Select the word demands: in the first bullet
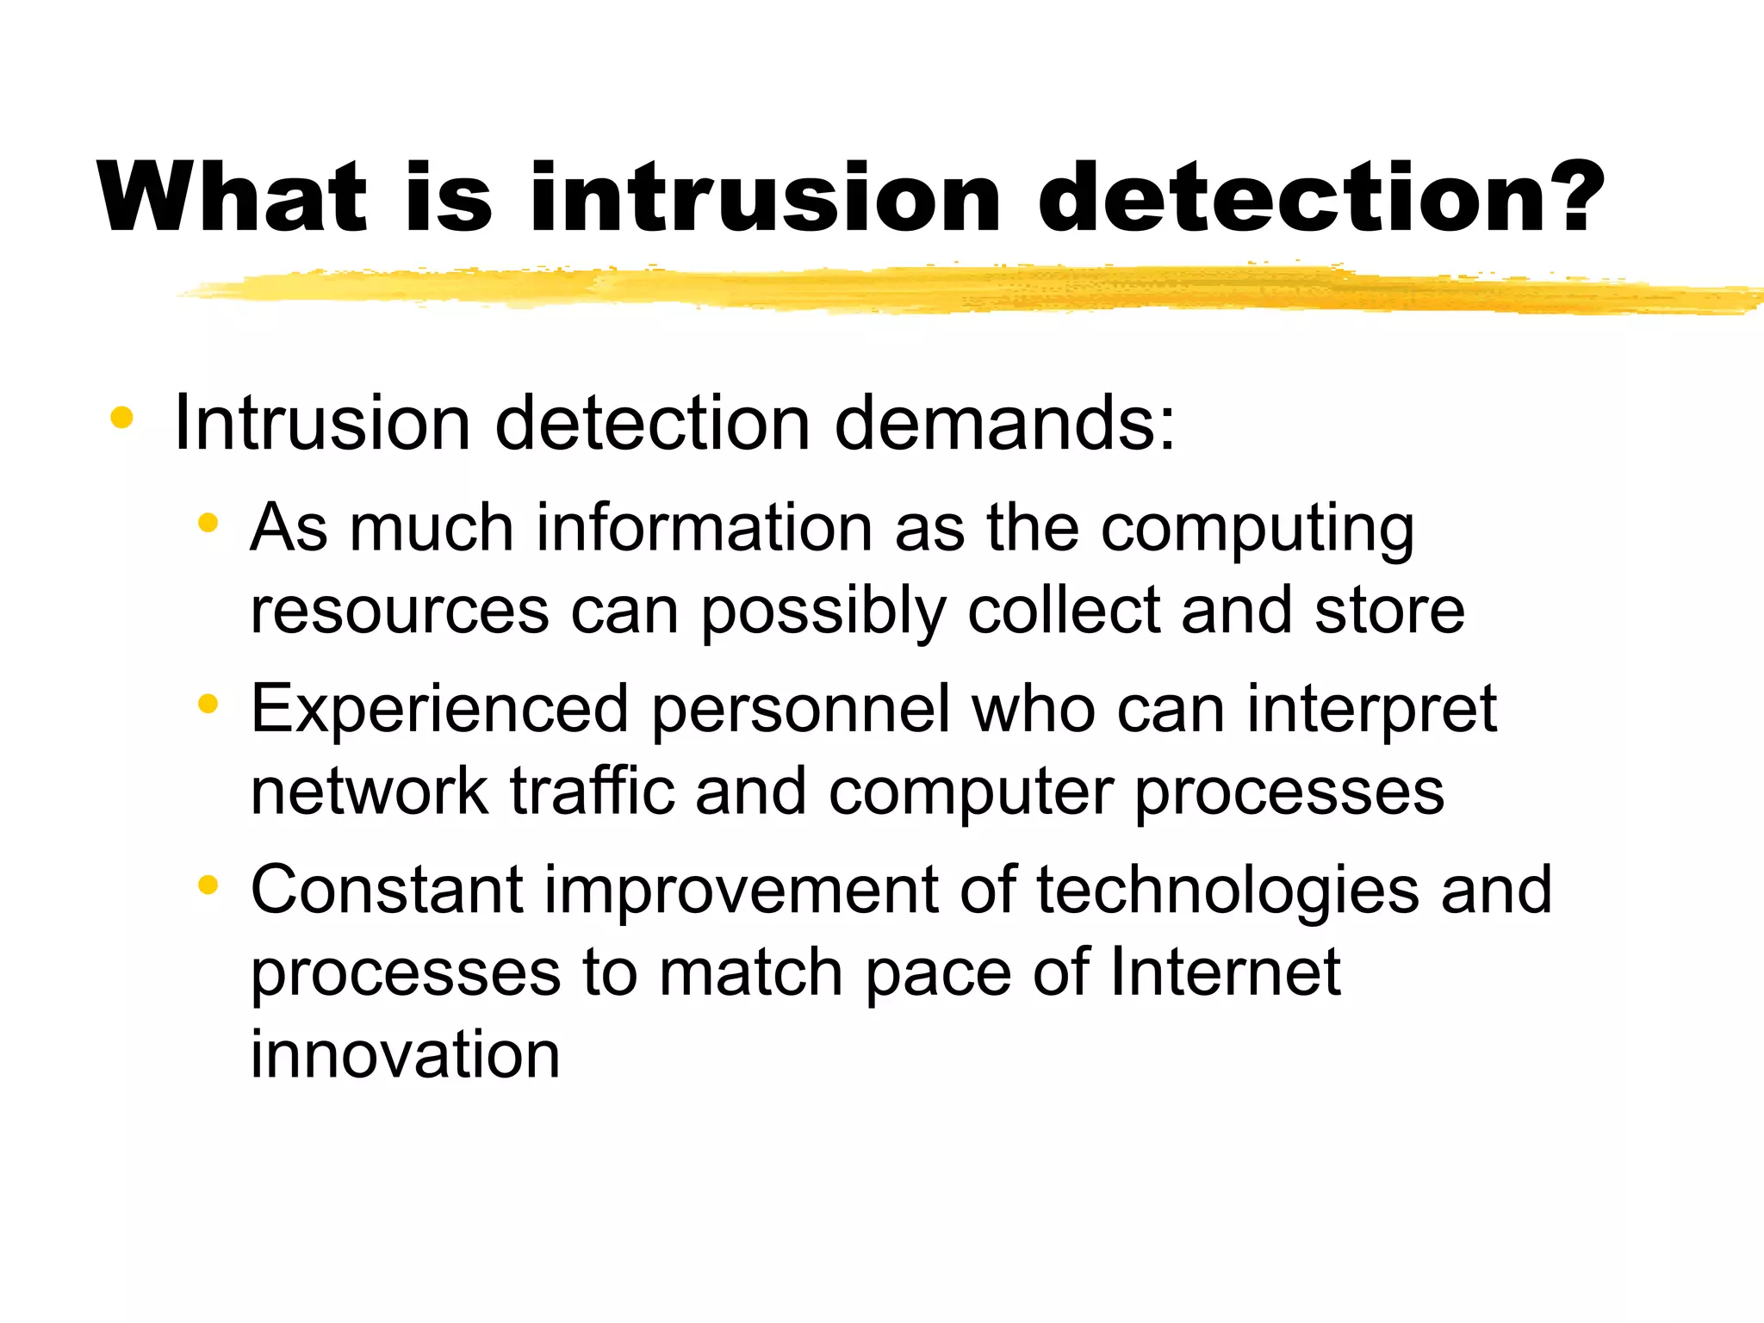1004,423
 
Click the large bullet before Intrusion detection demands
122,419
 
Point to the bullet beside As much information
208,523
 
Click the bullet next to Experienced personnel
208,705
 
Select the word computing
1258,529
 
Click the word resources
400,611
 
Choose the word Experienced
439,710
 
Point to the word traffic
593,791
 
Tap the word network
370,791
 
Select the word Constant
387,890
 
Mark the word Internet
1225,972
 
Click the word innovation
405,1054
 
